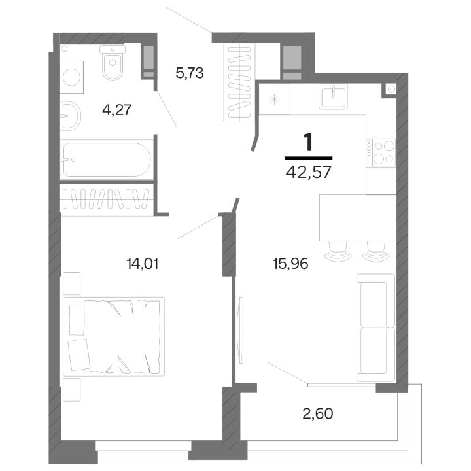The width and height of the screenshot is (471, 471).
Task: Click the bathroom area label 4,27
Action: (x=117, y=110)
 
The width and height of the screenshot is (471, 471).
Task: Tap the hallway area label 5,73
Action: (x=190, y=73)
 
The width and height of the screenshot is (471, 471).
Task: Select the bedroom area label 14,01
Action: (x=143, y=264)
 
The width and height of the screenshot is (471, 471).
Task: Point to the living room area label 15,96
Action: (x=290, y=264)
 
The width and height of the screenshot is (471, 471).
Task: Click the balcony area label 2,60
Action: (x=318, y=413)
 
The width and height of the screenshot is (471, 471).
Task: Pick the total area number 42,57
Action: (x=309, y=172)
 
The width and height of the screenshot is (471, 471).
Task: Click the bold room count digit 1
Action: (x=309, y=143)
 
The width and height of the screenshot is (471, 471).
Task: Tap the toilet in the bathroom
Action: (x=113, y=63)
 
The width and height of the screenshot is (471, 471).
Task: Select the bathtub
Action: (x=107, y=159)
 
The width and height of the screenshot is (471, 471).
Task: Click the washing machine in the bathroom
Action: (x=71, y=77)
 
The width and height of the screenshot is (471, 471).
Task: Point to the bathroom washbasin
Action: (x=70, y=116)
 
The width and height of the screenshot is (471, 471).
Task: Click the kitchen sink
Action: (x=333, y=96)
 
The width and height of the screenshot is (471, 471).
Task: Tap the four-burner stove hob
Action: (x=383, y=152)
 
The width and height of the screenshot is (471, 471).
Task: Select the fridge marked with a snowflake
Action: (x=275, y=99)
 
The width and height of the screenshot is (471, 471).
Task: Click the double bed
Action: (x=114, y=336)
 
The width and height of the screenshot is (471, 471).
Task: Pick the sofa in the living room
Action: (x=375, y=328)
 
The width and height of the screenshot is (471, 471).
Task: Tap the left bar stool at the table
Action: (x=338, y=251)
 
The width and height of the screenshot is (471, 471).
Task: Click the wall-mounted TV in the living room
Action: (x=240, y=330)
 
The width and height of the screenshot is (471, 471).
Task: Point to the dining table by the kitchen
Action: (x=358, y=218)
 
